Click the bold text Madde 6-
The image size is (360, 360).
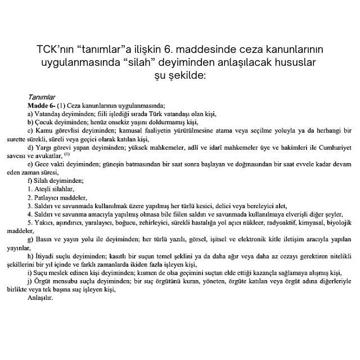(x=41, y=105)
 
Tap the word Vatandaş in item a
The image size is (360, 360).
(x=47, y=112)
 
